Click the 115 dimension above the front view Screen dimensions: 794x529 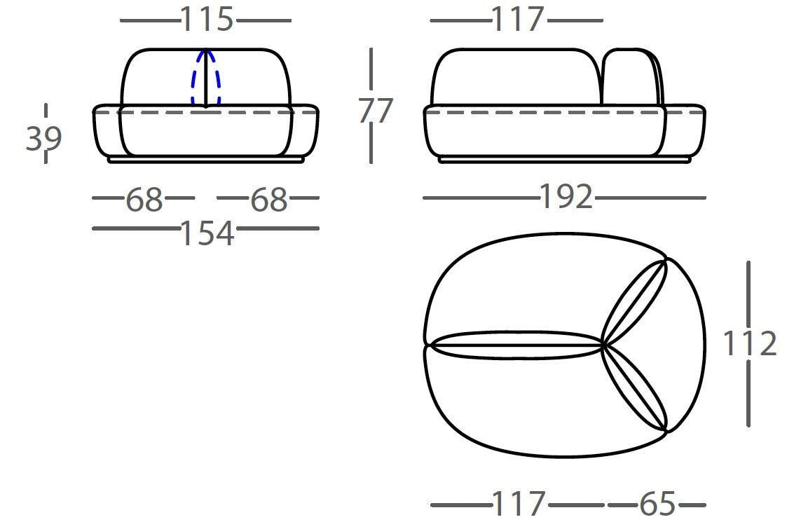coord(207,20)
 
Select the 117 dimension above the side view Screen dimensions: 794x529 coord(517,20)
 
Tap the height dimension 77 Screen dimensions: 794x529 coord(375,111)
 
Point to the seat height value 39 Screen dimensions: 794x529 coord(43,138)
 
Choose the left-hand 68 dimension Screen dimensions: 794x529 coord(144,199)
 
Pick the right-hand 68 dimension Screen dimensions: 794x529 coord(269,199)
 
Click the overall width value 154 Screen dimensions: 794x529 coord(207,233)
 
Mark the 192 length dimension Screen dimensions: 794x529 coord(566,196)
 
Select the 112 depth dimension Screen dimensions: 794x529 coord(749,343)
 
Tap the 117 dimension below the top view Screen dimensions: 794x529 coord(518,504)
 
